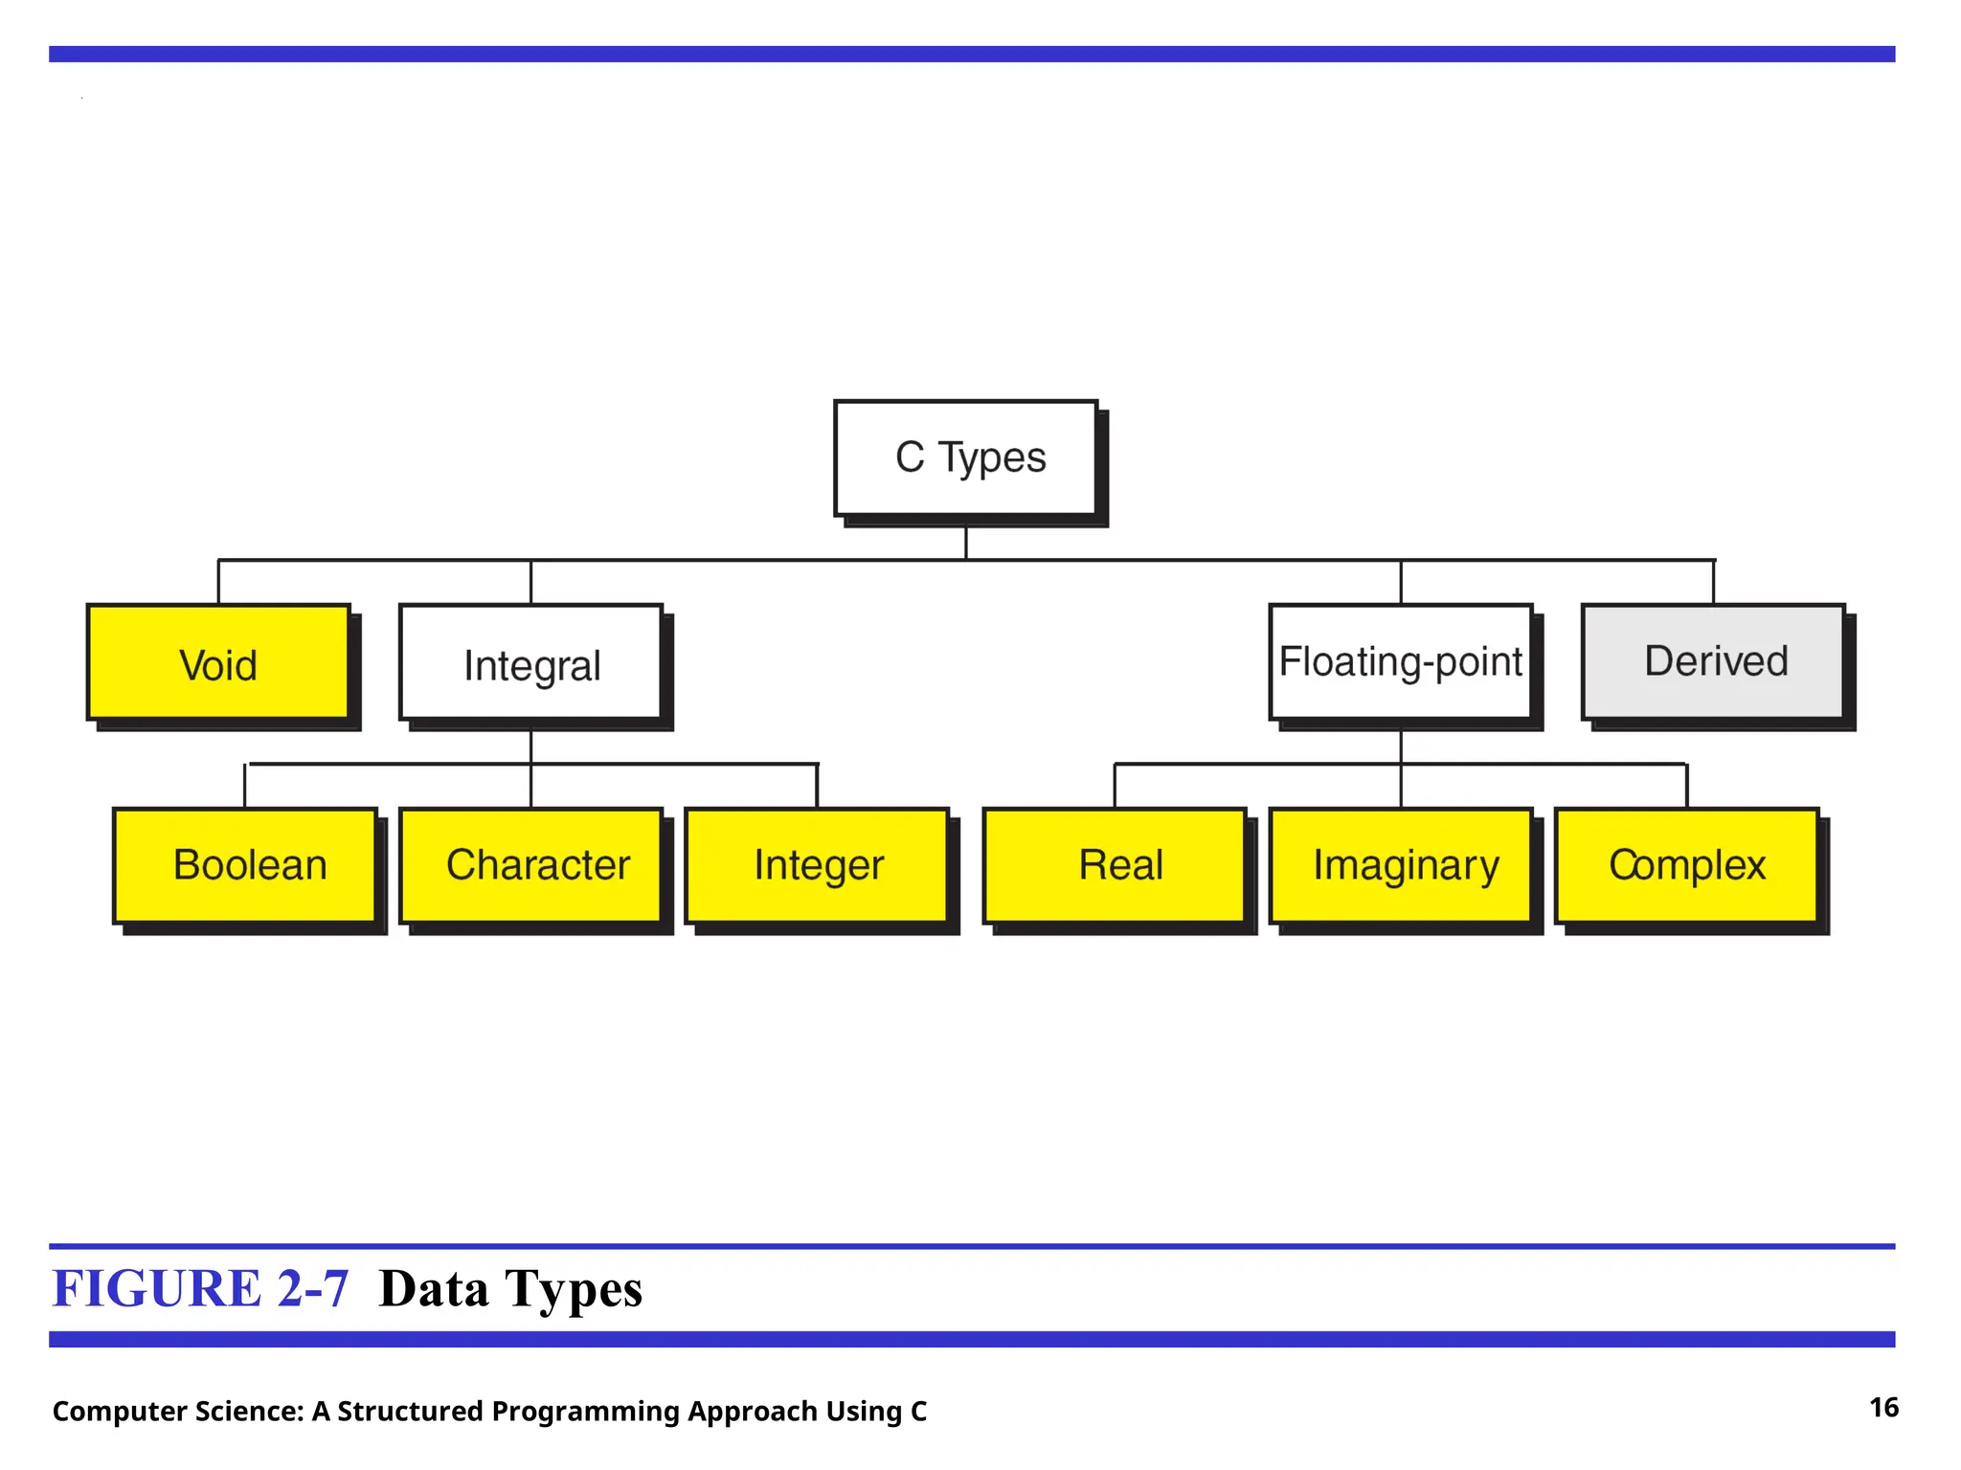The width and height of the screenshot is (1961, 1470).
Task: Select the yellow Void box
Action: [218, 662]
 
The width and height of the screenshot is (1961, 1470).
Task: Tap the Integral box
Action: [530, 662]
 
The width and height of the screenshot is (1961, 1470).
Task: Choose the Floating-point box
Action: [1400, 662]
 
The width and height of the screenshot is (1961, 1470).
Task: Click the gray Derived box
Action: [1713, 662]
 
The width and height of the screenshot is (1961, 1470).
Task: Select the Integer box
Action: [817, 865]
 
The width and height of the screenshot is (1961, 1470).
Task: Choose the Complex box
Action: [1686, 865]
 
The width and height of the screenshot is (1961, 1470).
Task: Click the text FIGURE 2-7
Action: [200, 1288]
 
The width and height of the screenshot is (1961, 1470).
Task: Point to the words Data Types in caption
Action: [510, 1288]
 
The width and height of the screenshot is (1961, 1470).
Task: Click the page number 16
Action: [1883, 1408]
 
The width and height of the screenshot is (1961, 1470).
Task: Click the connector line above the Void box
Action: [218, 582]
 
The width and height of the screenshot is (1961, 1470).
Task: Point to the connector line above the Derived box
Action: [1713, 582]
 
